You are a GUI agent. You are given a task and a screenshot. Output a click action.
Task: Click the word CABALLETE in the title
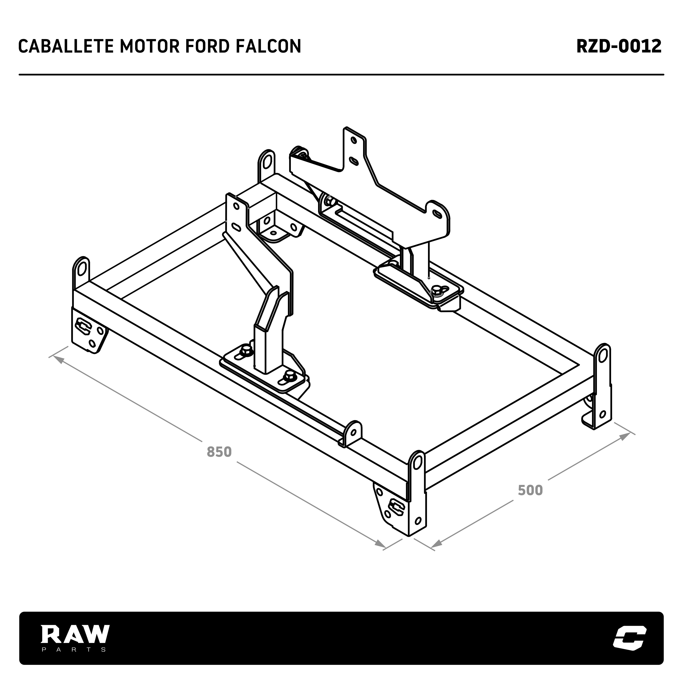[x=66, y=46]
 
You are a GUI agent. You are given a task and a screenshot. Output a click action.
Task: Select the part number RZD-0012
[x=619, y=46]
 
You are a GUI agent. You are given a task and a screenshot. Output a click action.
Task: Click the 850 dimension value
[x=219, y=452]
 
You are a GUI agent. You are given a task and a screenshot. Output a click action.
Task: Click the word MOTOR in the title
[x=144, y=46]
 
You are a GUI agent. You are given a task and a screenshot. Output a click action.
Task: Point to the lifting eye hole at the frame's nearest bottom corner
[x=417, y=463]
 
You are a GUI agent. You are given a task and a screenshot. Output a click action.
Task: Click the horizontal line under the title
[x=341, y=75]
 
